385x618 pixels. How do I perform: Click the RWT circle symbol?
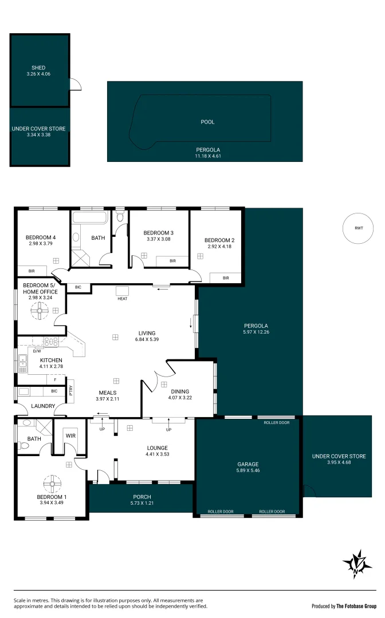click(359, 228)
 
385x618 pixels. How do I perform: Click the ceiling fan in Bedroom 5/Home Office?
click(39, 310)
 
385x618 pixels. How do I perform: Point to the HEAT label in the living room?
click(122, 298)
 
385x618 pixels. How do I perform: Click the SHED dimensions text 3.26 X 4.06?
click(39, 74)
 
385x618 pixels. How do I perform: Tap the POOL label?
click(207, 122)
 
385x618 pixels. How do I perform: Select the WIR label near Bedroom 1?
click(71, 435)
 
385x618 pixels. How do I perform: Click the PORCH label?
click(141, 497)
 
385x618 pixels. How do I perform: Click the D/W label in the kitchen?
click(37, 351)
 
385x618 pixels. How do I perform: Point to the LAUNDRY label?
click(44, 406)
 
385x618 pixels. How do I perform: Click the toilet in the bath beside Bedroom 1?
click(23, 445)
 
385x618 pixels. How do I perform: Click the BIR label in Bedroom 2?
click(226, 278)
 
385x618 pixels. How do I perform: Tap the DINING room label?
click(179, 391)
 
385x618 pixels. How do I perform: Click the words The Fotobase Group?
click(356, 606)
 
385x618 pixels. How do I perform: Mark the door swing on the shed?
click(75, 84)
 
